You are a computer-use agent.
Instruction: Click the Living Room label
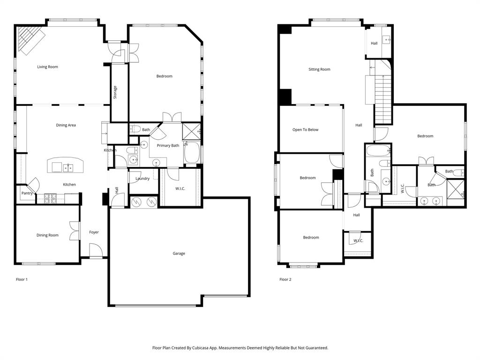pos(47,67)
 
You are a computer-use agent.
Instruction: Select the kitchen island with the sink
pos(65,166)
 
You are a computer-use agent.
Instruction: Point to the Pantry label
pos(27,193)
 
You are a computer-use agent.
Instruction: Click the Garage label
pos(179,254)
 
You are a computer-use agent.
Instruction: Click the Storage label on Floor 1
pos(115,92)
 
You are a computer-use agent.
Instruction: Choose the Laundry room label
pos(142,179)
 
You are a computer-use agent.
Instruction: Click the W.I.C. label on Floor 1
pos(180,188)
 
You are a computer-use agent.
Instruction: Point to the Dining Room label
pos(47,235)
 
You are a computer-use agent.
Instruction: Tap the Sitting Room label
pos(319,69)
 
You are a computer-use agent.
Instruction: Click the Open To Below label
pos(305,130)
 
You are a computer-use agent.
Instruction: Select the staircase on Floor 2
pos(383,98)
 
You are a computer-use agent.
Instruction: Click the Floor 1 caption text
pos(22,279)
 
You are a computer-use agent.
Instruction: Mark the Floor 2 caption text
pos(285,279)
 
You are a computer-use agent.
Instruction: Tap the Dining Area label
pos(66,125)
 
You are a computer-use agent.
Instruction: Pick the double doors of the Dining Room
pos(74,231)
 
